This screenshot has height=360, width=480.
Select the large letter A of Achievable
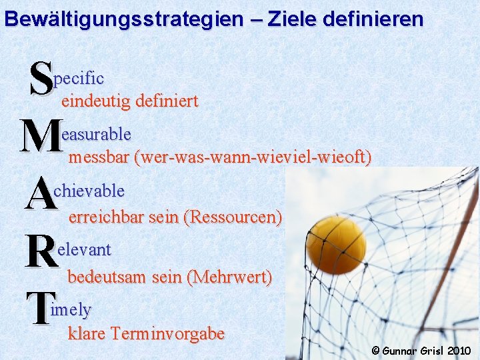41,194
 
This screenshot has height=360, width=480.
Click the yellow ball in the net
335,245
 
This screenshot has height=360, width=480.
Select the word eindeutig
95,101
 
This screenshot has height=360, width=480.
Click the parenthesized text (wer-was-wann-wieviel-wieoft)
253,158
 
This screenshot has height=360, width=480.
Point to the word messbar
98,158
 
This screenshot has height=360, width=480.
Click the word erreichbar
107,217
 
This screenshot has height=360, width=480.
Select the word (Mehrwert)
231,276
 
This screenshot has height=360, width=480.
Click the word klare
87,333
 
